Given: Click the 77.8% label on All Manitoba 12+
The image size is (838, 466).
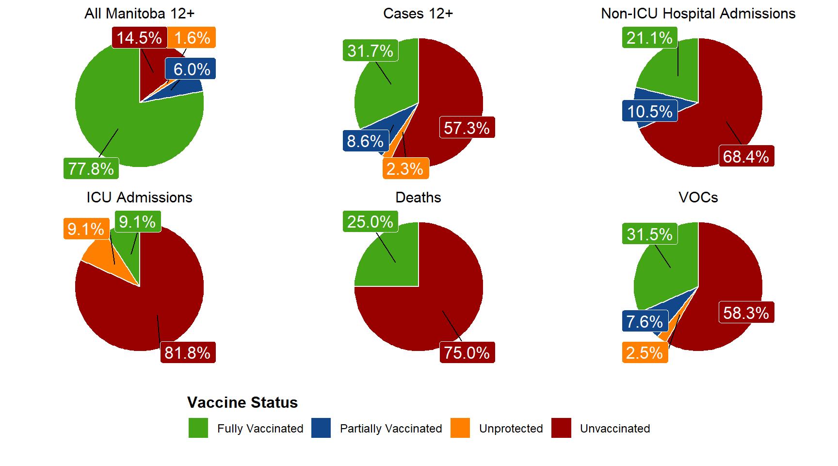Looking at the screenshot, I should click(x=91, y=168).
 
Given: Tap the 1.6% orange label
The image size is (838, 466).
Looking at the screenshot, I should click(x=192, y=38).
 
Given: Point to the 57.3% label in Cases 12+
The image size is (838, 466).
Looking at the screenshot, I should click(x=467, y=128).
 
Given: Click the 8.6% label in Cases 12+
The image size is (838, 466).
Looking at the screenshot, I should click(x=365, y=141).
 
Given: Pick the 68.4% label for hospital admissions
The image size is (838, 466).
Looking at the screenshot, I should click(x=746, y=156).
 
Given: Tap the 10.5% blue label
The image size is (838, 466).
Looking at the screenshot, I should click(x=650, y=111).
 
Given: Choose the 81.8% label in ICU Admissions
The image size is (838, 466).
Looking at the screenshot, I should click(x=187, y=352).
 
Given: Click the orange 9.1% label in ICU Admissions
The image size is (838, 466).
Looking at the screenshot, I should click(x=86, y=229).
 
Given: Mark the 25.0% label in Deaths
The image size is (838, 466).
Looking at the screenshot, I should click(x=370, y=222).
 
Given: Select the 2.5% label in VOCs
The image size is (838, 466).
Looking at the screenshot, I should click(x=645, y=352).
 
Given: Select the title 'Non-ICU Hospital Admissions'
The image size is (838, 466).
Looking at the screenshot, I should click(x=698, y=14).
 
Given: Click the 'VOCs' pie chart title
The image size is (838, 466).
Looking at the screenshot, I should click(x=698, y=198).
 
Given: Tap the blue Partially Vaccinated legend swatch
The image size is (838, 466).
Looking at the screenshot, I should click(x=321, y=428).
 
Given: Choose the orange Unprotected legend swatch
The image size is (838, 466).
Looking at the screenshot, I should click(x=460, y=428).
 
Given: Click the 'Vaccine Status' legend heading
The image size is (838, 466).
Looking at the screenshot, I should click(x=242, y=402).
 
